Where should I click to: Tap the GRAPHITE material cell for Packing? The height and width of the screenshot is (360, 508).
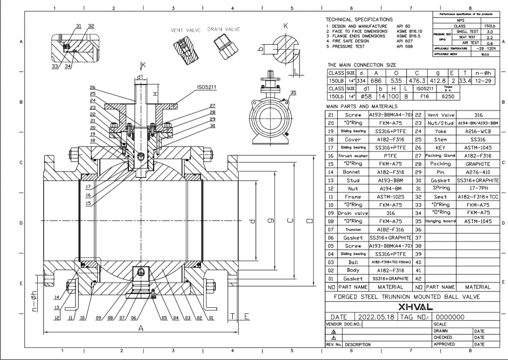point(478,163)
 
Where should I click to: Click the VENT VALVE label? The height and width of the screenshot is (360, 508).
point(186,30)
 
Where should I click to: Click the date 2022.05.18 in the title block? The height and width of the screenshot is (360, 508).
point(376,317)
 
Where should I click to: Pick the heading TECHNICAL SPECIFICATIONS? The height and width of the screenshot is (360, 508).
point(359,19)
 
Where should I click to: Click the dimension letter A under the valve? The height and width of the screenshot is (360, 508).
point(140,328)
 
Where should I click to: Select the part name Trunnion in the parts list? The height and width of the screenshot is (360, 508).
point(353,230)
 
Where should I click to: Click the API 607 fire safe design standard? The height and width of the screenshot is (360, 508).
point(404,41)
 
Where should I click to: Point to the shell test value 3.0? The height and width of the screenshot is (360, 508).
point(490,31)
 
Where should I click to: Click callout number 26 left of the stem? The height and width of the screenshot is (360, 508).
point(92,87)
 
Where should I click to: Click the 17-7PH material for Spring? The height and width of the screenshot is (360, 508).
point(478,188)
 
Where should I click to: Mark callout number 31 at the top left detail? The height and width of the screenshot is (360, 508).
point(79,25)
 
